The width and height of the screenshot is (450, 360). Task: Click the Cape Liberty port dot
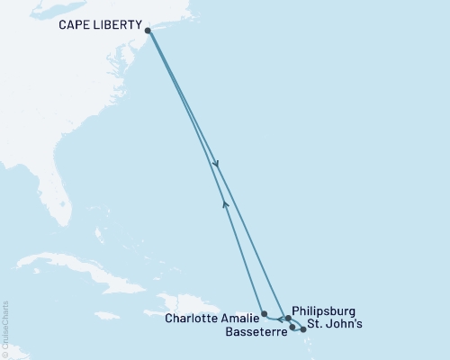[148, 31]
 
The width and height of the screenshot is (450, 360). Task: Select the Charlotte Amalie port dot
[263, 314]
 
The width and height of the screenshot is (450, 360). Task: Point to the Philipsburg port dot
[288, 318]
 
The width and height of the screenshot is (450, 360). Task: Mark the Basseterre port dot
[292, 327]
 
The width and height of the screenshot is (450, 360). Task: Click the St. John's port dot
[303, 329]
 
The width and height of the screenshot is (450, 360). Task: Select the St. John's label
[335, 325]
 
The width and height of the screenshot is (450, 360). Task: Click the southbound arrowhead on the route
[216, 164]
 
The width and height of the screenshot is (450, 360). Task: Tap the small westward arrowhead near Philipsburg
[279, 319]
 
